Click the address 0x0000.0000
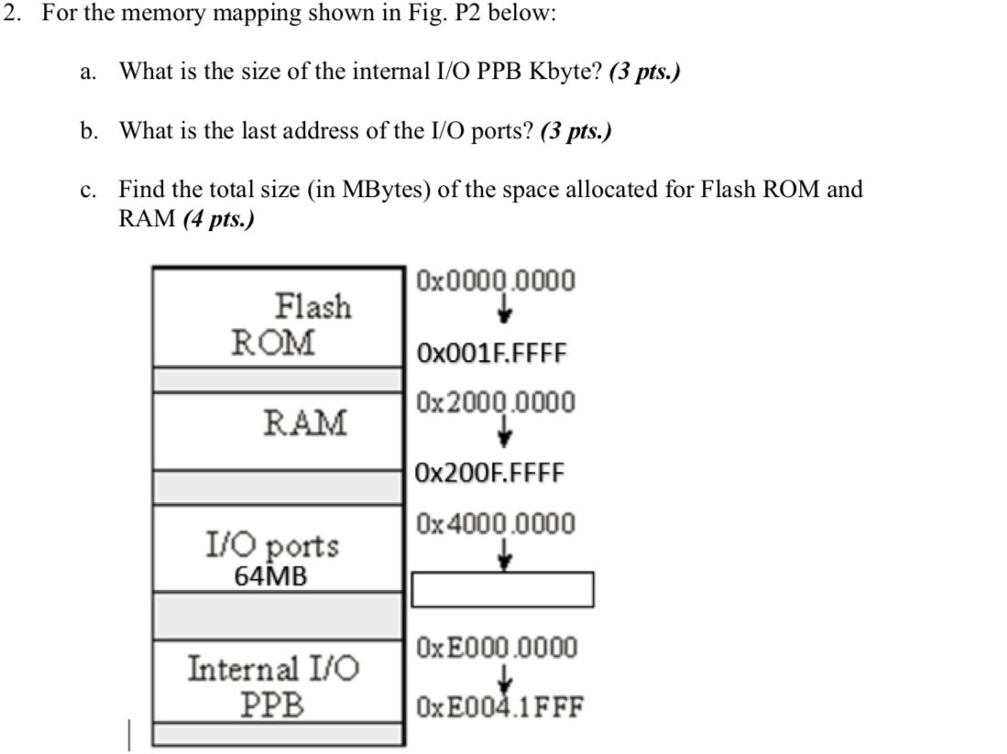click(x=496, y=280)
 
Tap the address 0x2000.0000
click(x=496, y=402)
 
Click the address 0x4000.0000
click(x=496, y=524)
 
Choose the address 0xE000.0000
click(x=497, y=649)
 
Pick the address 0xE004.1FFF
click(x=499, y=707)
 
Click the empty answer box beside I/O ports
click(x=502, y=589)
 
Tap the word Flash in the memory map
click(x=312, y=305)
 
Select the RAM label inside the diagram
click(x=305, y=423)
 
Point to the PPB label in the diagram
click(x=272, y=705)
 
